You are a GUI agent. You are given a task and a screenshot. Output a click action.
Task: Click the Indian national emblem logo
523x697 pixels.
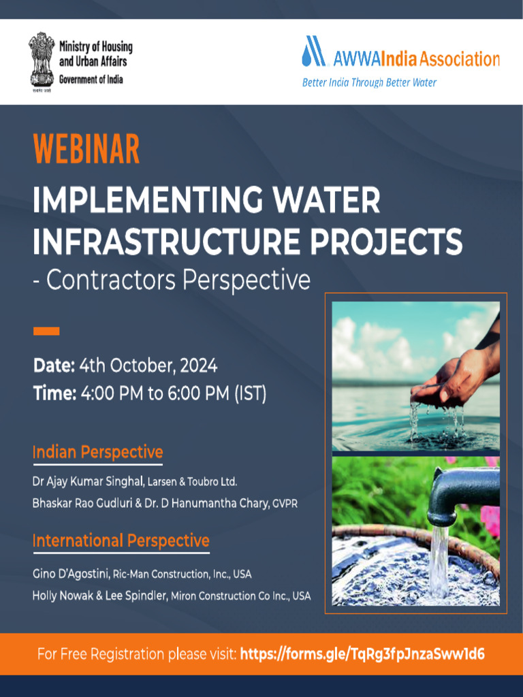point(42,60)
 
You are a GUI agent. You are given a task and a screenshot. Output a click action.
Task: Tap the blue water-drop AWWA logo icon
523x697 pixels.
point(314,52)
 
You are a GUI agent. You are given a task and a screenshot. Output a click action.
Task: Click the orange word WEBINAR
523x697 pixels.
point(86,149)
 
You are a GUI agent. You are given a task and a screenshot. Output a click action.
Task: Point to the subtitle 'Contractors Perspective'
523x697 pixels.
point(176,280)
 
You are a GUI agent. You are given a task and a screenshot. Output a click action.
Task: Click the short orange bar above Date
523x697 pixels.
point(46,331)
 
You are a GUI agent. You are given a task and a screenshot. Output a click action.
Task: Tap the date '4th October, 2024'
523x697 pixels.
point(148,366)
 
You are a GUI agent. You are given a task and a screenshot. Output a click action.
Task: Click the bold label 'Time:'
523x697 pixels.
point(54,393)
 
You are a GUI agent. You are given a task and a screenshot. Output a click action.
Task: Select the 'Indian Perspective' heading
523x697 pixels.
point(97,452)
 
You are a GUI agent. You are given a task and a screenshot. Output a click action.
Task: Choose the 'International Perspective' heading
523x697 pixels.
point(121,541)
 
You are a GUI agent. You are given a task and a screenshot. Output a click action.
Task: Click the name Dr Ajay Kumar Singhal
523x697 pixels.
point(87,482)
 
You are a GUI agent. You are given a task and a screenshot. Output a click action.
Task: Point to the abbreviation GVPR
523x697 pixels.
point(285,504)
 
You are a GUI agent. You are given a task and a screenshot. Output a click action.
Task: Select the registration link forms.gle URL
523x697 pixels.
point(363,655)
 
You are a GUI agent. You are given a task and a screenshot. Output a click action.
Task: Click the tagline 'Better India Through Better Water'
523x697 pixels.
point(369,83)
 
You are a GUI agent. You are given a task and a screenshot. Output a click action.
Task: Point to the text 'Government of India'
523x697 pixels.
point(91,80)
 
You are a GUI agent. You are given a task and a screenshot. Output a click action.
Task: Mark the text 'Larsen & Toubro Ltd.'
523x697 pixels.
point(191,483)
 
